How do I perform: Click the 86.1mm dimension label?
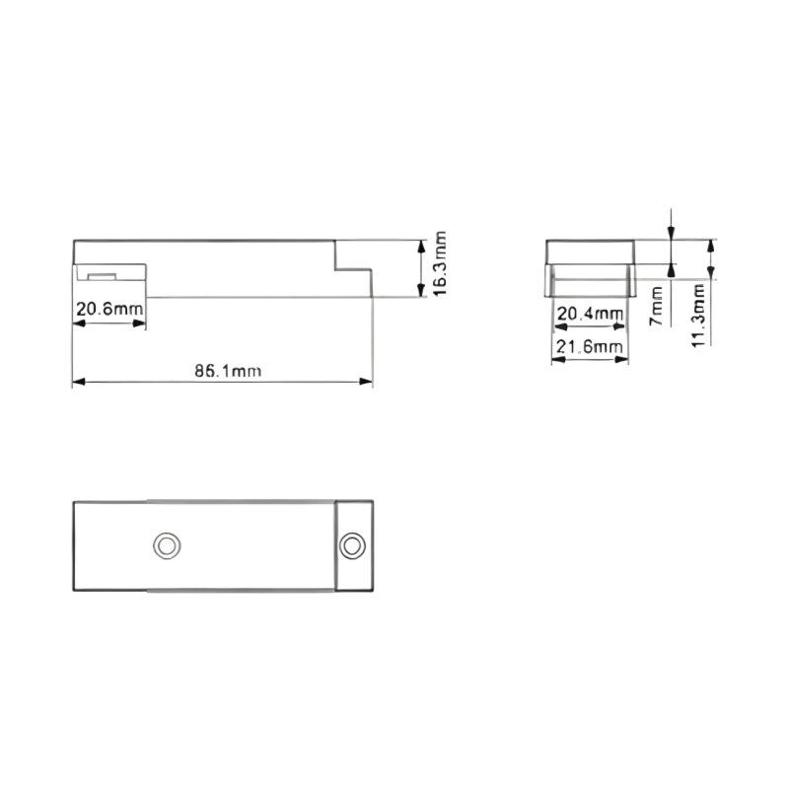[x=228, y=371]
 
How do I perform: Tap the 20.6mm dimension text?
[x=109, y=308]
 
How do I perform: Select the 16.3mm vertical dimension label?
[x=439, y=263]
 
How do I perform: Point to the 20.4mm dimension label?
[x=590, y=314]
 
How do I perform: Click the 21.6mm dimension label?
[x=589, y=346]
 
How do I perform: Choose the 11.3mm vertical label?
[x=698, y=315]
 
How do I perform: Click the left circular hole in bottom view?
[x=167, y=545]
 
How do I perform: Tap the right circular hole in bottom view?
[x=352, y=545]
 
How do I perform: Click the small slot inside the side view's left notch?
[x=102, y=276]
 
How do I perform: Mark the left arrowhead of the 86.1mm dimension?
[x=79, y=382]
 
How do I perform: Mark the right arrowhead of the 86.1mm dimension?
[x=366, y=382]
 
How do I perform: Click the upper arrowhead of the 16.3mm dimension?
[x=422, y=247]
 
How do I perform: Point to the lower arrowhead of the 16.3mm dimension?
[x=422, y=290]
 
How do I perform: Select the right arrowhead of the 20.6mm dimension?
[x=139, y=323]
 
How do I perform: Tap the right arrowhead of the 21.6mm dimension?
[x=622, y=359]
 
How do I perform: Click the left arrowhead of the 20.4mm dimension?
[x=560, y=327]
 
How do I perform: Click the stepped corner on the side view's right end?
[x=335, y=269]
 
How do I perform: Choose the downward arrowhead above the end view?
[x=671, y=234]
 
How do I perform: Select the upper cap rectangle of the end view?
[x=590, y=252]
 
